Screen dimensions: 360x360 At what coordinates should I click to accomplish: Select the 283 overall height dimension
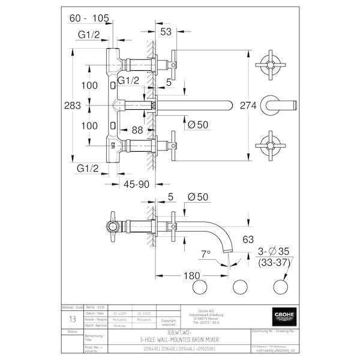[x=73, y=105]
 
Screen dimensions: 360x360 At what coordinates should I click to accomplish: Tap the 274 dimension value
[x=248, y=105]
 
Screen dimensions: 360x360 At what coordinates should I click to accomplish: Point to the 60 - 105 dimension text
[x=88, y=19]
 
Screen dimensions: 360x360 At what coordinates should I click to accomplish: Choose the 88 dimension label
[x=137, y=129]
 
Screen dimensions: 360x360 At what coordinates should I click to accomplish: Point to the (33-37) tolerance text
[x=275, y=263]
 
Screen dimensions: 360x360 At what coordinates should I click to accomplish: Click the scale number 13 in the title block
[x=73, y=320]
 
